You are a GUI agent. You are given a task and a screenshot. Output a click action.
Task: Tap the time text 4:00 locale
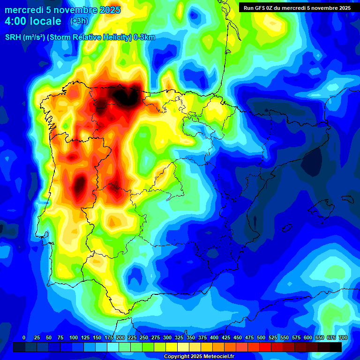pyautogui.click(x=33, y=21)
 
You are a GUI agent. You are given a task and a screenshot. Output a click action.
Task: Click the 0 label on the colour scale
pyautogui.click(x=24, y=337)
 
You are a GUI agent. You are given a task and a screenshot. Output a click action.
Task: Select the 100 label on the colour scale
pyautogui.click(x=74, y=337)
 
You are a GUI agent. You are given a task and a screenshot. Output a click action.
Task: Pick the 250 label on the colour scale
pyautogui.click(x=144, y=337)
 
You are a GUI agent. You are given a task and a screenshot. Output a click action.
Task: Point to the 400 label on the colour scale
pyautogui.click(x=214, y=337)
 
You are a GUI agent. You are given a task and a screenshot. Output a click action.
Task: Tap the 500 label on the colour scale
pyautogui.click(x=261, y=337)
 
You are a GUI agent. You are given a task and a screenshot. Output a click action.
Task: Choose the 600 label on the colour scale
pyautogui.click(x=308, y=337)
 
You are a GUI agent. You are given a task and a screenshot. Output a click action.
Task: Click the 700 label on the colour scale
pyautogui.click(x=343, y=337)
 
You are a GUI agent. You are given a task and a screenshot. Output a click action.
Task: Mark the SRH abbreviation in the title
pyautogui.click(x=13, y=37)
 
